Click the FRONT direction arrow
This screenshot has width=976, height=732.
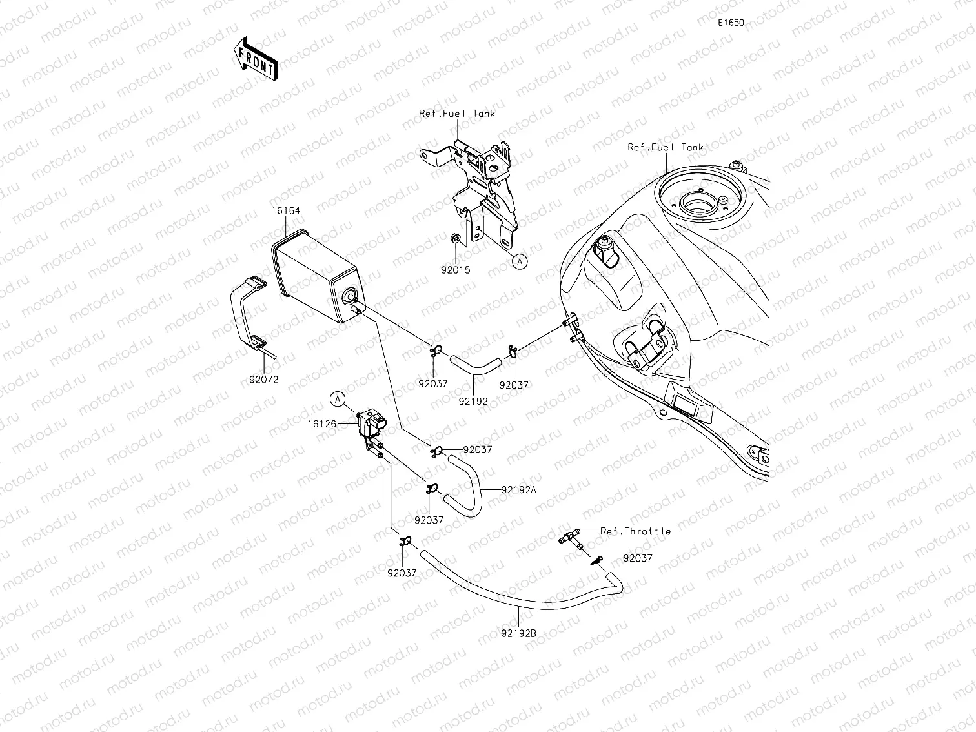tap(255, 58)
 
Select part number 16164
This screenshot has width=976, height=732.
tap(285, 211)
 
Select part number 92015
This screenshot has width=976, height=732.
tap(456, 270)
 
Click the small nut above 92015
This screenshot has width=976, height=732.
tap(455, 239)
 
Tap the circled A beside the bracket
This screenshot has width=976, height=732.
tap(520, 261)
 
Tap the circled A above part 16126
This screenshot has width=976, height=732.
tap(338, 400)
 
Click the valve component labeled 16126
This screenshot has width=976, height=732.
tap(371, 426)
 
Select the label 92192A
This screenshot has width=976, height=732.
tap(518, 489)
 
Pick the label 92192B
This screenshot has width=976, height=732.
tap(519, 633)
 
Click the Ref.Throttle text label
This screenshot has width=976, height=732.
tap(635, 531)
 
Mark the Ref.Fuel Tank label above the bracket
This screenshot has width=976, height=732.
tap(456, 114)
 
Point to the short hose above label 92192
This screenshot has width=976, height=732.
tap(475, 364)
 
